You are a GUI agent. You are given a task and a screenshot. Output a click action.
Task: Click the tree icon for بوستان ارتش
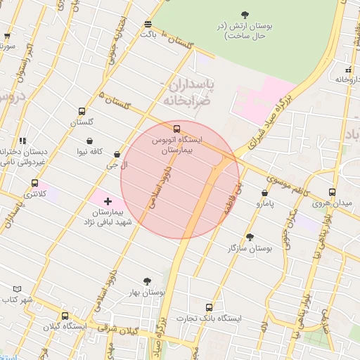[245, 14]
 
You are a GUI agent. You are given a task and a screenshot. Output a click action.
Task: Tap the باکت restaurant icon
[147, 23]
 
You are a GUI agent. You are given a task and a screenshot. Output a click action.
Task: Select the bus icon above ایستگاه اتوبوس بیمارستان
[176, 129]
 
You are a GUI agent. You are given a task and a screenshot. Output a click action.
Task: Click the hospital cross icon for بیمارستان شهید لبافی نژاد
[108, 202]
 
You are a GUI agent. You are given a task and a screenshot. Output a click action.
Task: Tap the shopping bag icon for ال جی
[117, 155]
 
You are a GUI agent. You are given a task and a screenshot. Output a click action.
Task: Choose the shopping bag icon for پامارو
[264, 193]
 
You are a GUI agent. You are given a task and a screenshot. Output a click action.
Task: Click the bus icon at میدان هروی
[333, 191]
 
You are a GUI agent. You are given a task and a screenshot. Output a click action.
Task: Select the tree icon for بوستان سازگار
[250, 238]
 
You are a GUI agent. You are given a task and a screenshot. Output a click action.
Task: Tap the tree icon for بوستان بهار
[147, 281]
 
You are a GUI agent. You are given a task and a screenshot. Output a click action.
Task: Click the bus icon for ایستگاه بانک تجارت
[208, 307]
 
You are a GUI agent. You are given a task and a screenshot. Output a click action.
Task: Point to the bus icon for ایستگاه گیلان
[65, 316]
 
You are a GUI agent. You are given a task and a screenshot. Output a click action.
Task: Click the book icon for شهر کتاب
[17, 288]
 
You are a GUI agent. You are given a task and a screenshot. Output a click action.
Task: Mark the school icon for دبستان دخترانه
[22, 140]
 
